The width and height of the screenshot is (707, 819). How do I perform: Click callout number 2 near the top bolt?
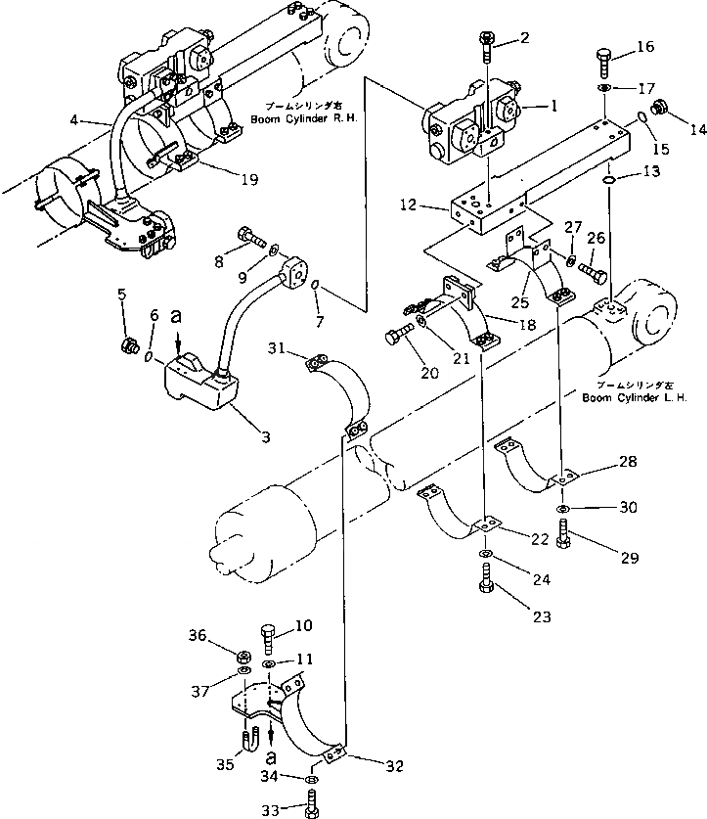coord(524,38)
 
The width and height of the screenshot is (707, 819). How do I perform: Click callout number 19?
coord(248,178)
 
